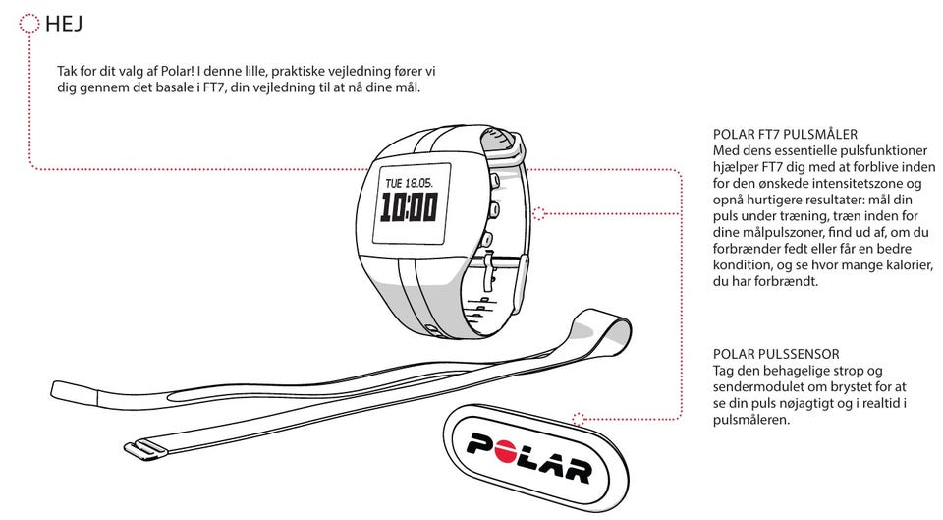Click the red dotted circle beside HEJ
click(x=29, y=24)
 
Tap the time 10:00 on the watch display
click(x=409, y=207)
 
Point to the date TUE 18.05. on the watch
click(x=410, y=183)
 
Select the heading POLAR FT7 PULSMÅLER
click(x=786, y=134)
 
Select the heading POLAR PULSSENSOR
click(x=776, y=354)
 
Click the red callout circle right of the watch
click(x=538, y=212)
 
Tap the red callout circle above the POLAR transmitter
click(x=578, y=418)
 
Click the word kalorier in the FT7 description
click(x=902, y=264)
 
